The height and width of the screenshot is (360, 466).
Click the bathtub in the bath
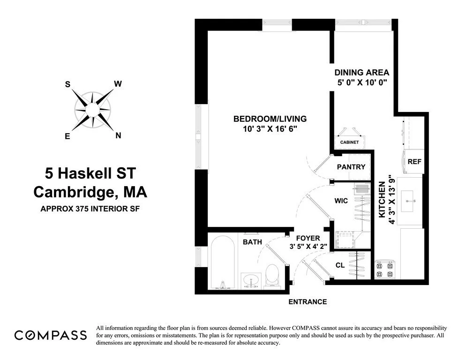(x=223, y=262)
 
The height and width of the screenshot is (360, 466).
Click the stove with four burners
(x=386, y=270)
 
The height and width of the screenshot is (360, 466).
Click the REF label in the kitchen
(x=414, y=161)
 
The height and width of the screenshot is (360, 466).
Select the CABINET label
(x=349, y=142)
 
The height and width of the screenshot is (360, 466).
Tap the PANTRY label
(x=351, y=167)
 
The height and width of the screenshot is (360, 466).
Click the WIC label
(x=341, y=201)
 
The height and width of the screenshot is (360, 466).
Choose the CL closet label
(x=340, y=265)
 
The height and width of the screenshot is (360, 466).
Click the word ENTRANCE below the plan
(x=307, y=302)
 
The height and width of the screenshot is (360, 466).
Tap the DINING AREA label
(x=361, y=73)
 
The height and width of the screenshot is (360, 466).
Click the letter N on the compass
(x=118, y=136)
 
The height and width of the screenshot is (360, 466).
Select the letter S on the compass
(x=68, y=84)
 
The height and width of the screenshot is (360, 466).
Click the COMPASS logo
(x=51, y=335)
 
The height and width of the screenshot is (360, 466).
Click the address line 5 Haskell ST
(x=90, y=174)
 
